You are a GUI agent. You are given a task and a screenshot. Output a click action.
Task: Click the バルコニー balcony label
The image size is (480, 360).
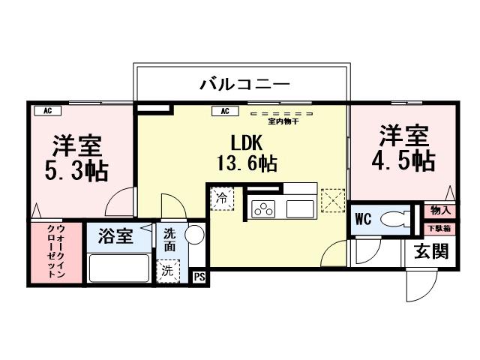[244, 84]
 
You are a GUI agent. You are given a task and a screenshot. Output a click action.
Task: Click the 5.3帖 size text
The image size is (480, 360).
[77, 170]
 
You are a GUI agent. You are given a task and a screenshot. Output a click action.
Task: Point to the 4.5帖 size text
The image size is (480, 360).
[403, 160]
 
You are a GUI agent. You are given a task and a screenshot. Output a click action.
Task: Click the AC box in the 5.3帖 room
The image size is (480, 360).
[46, 111]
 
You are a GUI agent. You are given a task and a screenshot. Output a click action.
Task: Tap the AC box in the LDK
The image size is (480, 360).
[224, 111]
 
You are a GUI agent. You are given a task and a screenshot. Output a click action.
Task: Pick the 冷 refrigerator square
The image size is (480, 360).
[222, 199]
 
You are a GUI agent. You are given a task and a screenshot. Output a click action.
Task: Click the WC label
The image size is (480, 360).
[364, 220]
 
